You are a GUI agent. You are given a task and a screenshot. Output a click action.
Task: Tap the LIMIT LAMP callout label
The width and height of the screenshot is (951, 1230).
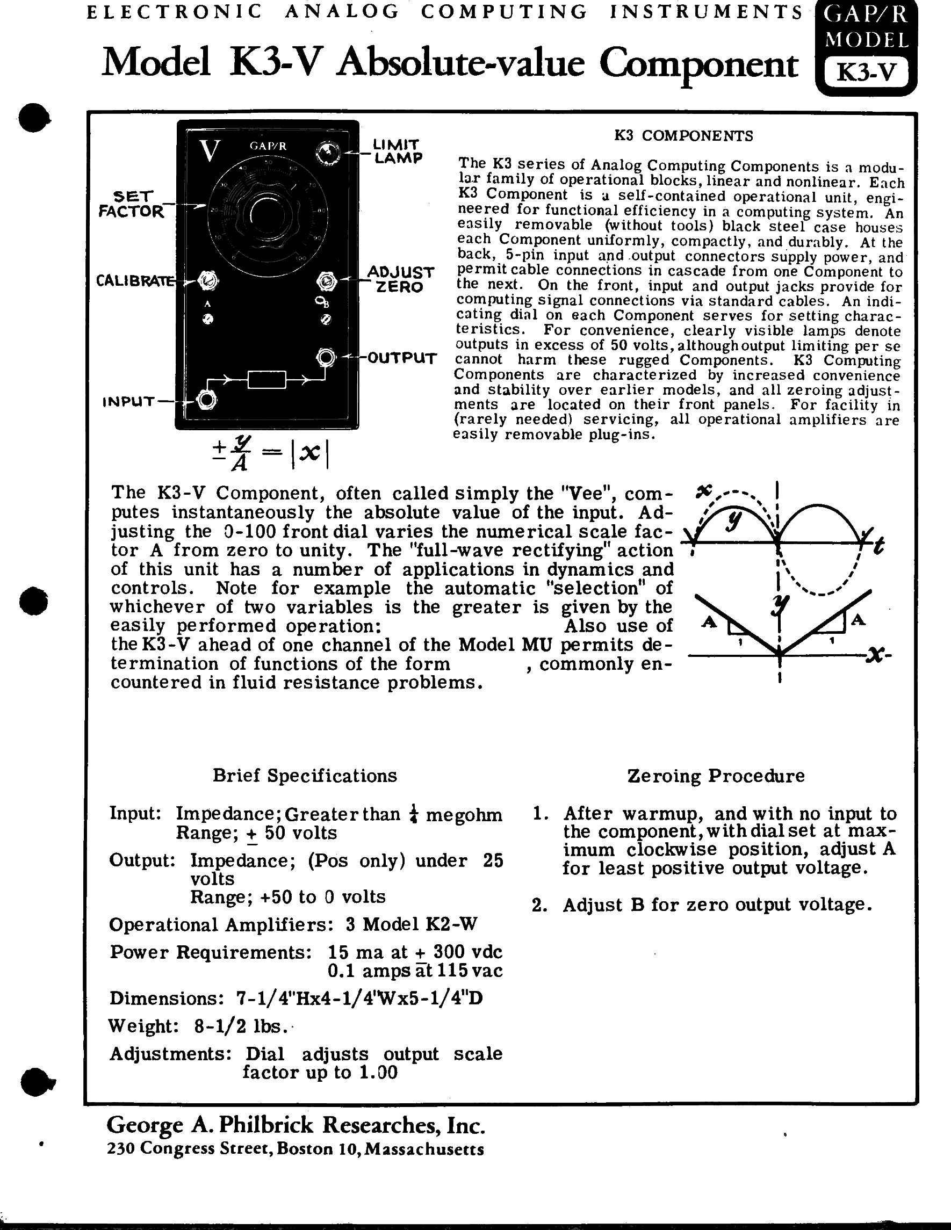tap(397, 151)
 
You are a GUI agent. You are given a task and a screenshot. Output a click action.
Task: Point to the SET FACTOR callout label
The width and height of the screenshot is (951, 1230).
tap(132, 204)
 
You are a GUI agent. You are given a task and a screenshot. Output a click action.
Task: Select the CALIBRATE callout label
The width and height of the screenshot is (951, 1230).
tap(135, 280)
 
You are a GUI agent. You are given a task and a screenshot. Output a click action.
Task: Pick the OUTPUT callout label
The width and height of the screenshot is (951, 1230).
tap(402, 358)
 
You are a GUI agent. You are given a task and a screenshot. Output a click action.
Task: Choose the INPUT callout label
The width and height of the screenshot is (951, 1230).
tap(128, 402)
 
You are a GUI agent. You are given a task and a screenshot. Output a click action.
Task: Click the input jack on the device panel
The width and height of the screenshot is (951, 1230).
tap(207, 401)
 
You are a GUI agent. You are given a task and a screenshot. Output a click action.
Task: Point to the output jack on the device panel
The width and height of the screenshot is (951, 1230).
tap(326, 357)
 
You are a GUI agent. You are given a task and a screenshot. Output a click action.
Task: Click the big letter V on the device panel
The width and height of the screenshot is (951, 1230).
tap(210, 151)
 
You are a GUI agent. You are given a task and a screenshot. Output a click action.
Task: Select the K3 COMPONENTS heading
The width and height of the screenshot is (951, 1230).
tap(683, 136)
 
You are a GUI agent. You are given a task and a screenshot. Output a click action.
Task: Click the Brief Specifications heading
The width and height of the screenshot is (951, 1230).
tap(305, 776)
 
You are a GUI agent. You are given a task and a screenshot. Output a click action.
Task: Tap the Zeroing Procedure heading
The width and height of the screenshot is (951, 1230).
tap(716, 776)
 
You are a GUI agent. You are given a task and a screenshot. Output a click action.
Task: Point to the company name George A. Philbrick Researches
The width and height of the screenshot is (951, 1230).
tap(296, 1124)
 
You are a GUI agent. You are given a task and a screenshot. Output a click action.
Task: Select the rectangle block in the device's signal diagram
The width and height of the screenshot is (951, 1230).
tap(267, 380)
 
